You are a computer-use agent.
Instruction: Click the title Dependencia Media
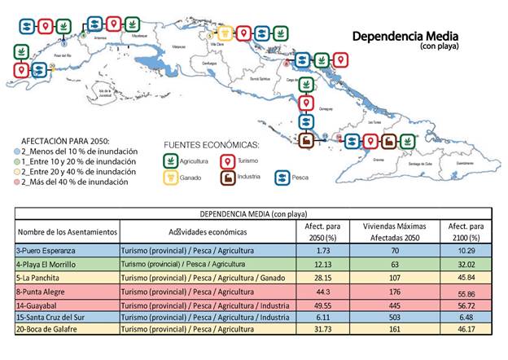(405, 37)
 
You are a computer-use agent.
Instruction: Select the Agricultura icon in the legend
(170, 160)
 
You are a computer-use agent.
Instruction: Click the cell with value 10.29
(466, 252)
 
